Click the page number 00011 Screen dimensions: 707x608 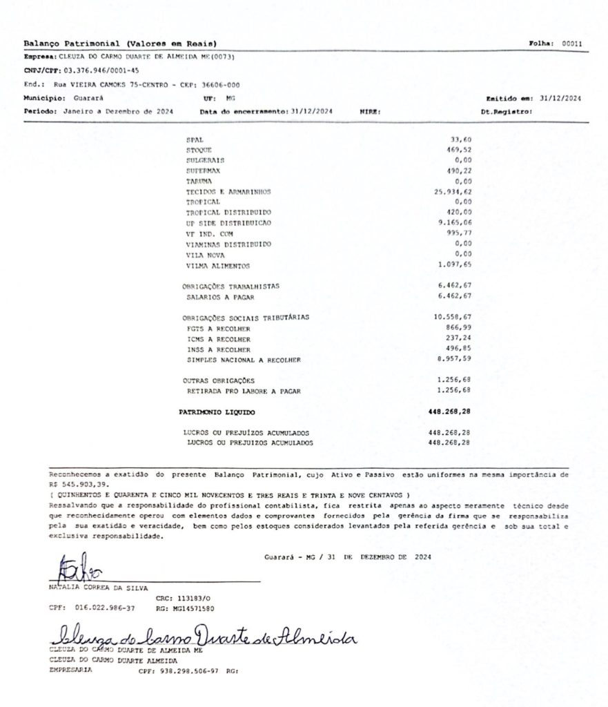click(x=572, y=43)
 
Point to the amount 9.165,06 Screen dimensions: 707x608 click(x=455, y=223)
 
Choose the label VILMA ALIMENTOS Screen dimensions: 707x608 click(x=217, y=266)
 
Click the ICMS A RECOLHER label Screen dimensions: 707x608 click(x=218, y=339)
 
